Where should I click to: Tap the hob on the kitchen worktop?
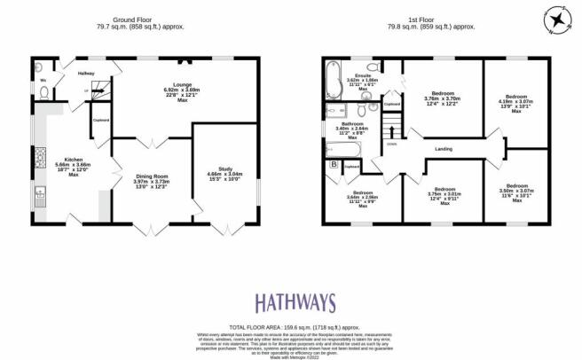coord(39,159)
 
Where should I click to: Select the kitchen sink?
coord(40,198)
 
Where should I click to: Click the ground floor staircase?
coord(99,87)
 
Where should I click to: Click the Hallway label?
coord(86,74)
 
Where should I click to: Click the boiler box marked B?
coord(334,164)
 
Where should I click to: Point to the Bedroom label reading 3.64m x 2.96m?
coord(362,198)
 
